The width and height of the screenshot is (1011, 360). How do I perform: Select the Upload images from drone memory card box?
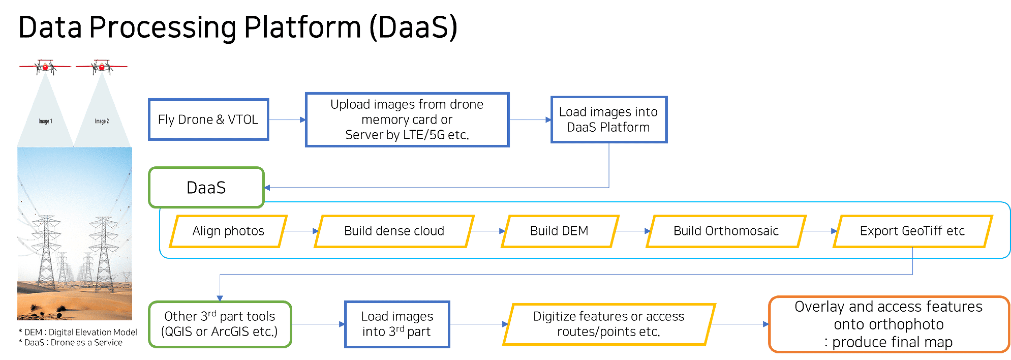(407, 119)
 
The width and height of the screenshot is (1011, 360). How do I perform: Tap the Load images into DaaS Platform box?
(608, 119)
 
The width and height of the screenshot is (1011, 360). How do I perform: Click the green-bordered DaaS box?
(206, 188)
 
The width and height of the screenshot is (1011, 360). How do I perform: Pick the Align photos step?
(228, 231)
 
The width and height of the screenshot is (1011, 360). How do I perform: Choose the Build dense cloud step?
(394, 231)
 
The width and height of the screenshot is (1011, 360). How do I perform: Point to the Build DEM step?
(559, 231)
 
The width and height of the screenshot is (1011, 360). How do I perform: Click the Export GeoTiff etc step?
(912, 231)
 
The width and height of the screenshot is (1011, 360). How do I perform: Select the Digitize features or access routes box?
(608, 324)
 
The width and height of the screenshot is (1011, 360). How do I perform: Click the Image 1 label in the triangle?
(45, 121)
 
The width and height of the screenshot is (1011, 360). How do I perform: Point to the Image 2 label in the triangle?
(102, 121)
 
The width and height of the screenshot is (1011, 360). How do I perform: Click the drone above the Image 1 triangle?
(45, 67)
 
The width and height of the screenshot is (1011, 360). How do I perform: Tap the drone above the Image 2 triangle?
(102, 67)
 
